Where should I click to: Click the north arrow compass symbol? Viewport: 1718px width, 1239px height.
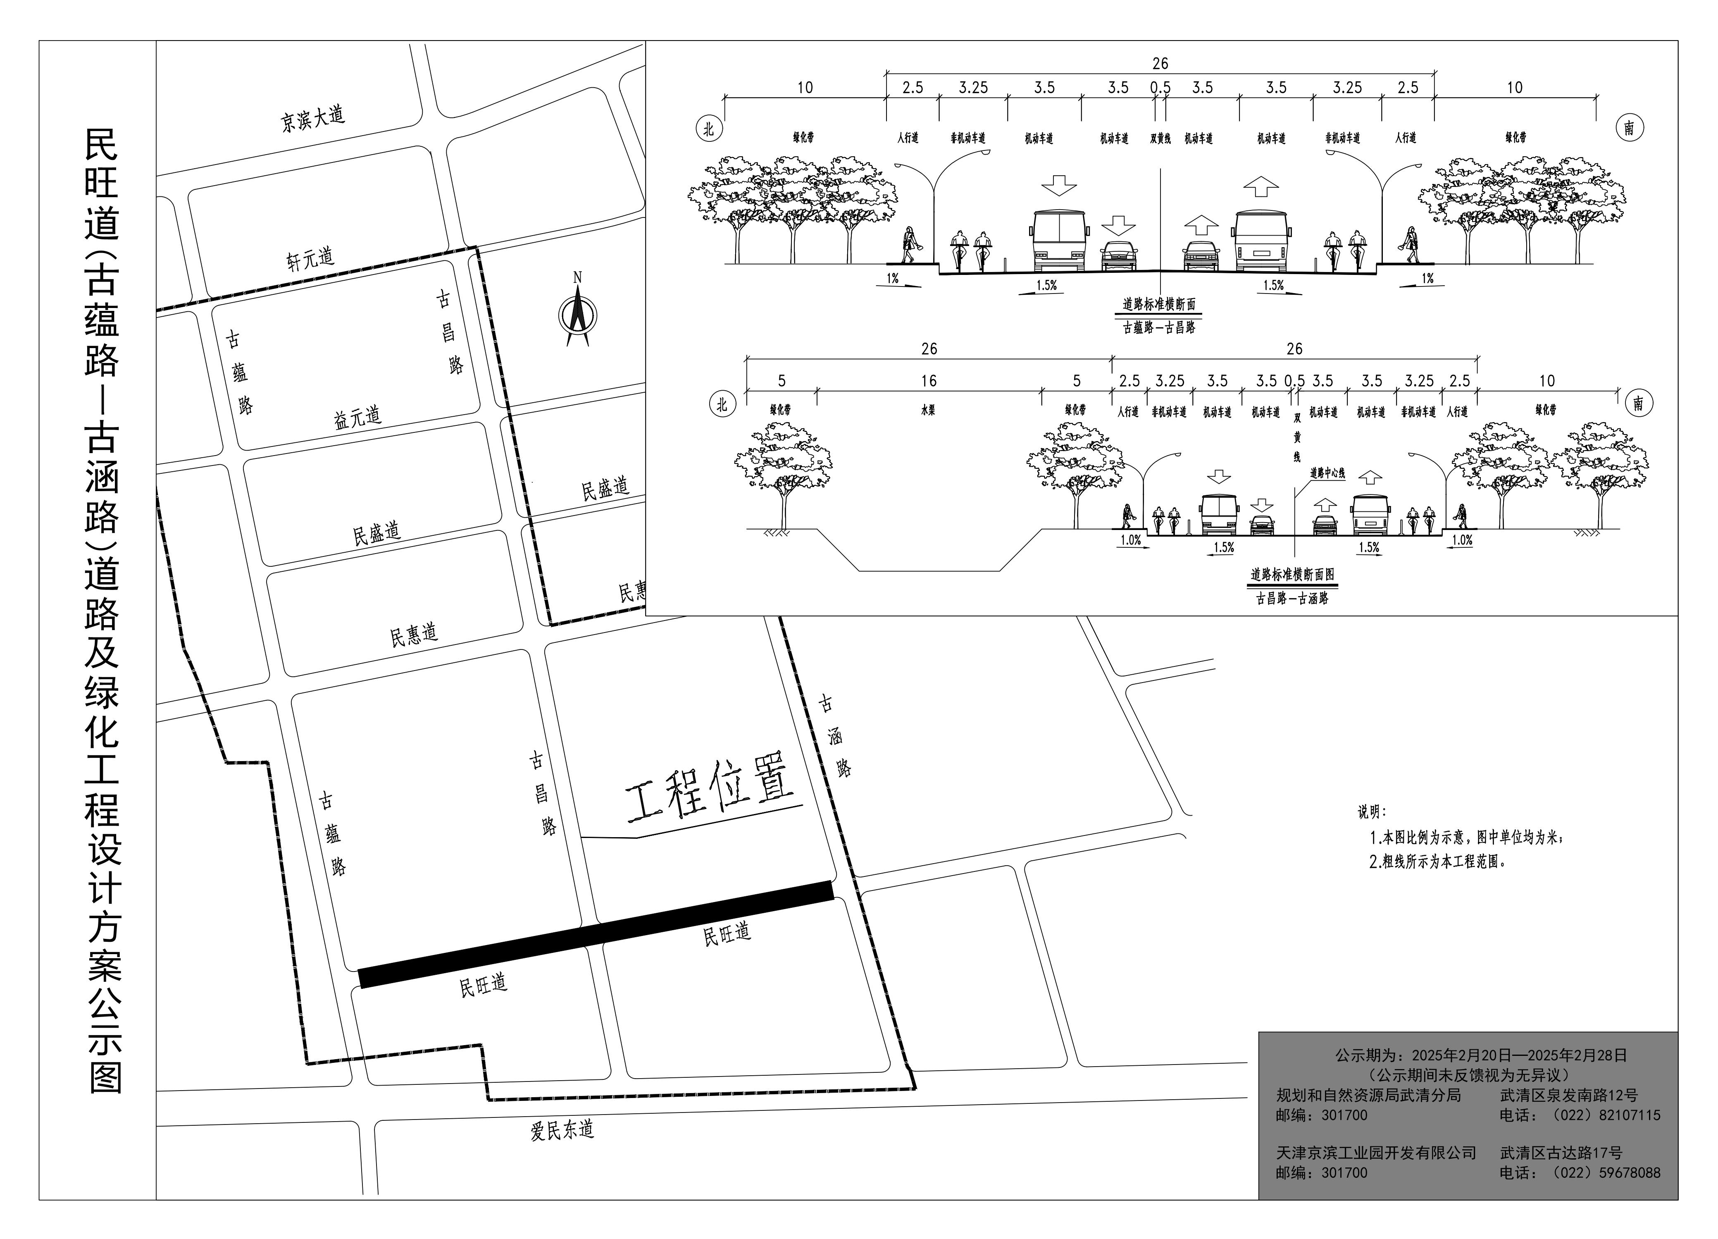click(577, 314)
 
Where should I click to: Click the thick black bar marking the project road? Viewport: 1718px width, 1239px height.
click(596, 934)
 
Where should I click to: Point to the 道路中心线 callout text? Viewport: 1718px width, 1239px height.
click(1327, 473)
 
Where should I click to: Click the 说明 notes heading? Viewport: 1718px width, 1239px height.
click(1372, 812)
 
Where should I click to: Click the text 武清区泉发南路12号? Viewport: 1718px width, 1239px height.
click(1569, 1096)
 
